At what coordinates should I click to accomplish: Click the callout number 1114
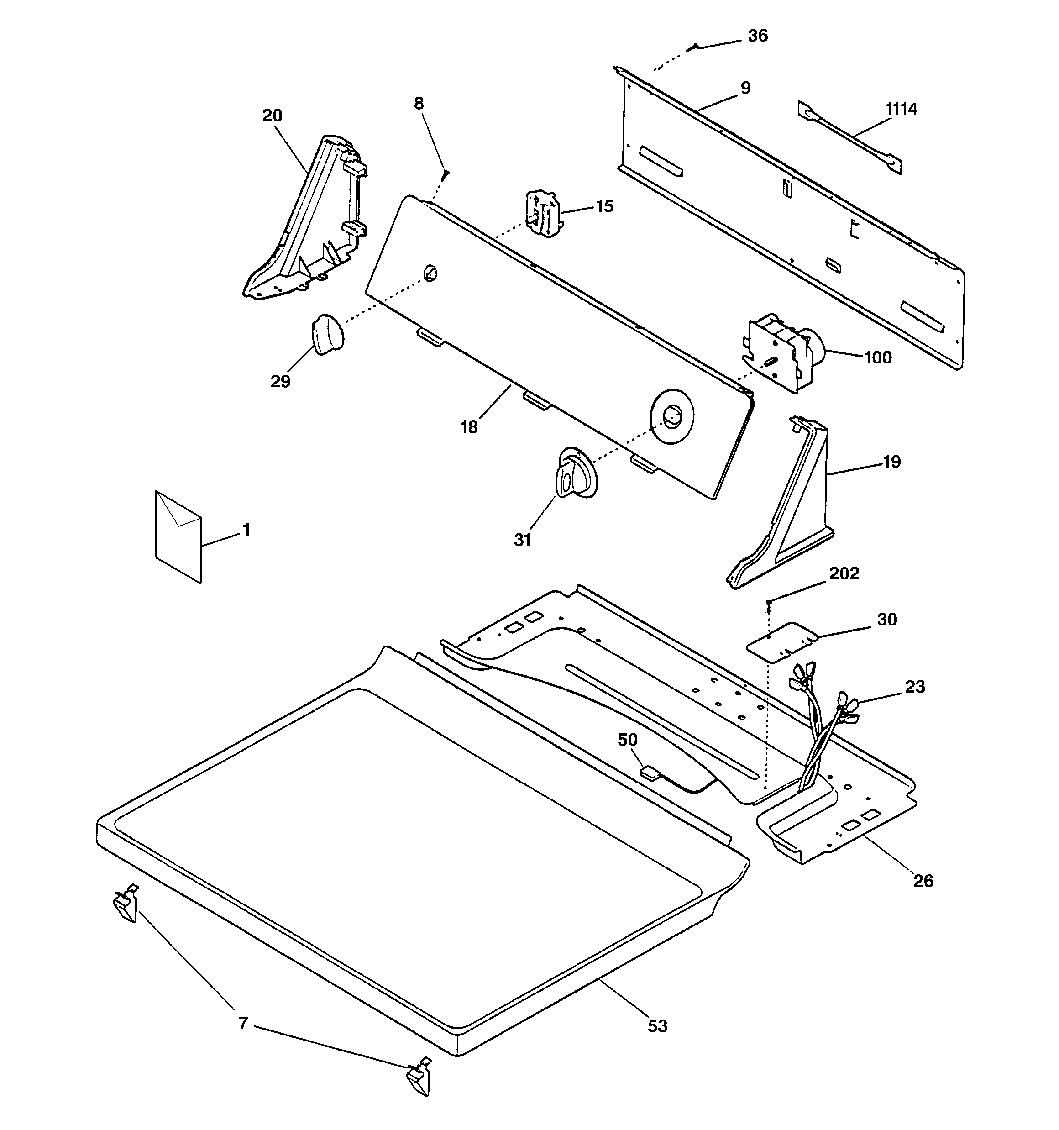901,109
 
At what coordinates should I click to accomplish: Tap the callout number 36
757,36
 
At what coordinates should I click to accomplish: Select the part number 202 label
844,573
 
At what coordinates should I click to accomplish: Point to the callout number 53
658,1026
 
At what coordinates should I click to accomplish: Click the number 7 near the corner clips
243,1024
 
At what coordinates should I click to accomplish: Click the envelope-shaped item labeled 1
178,536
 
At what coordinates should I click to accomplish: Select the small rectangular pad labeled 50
649,773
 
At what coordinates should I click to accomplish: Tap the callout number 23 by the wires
915,687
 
